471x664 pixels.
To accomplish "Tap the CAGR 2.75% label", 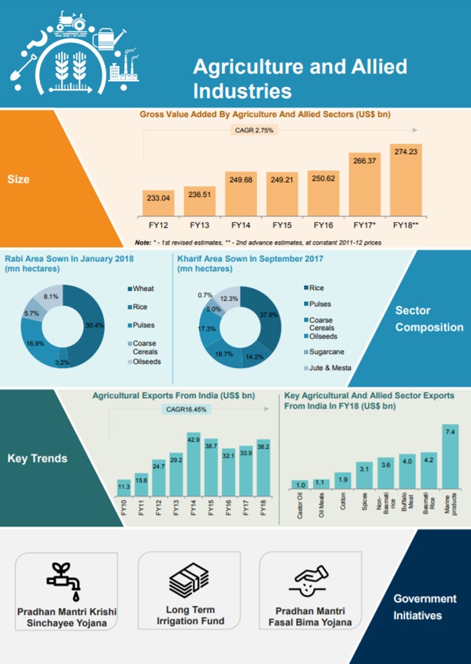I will tap(253, 131).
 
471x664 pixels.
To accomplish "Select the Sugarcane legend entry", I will tap(325, 352).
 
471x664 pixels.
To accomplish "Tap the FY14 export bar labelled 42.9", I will tap(193, 467).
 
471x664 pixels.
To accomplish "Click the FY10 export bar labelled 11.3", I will tap(123, 492).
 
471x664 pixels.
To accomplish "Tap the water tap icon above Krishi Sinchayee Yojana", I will tap(67, 582).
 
